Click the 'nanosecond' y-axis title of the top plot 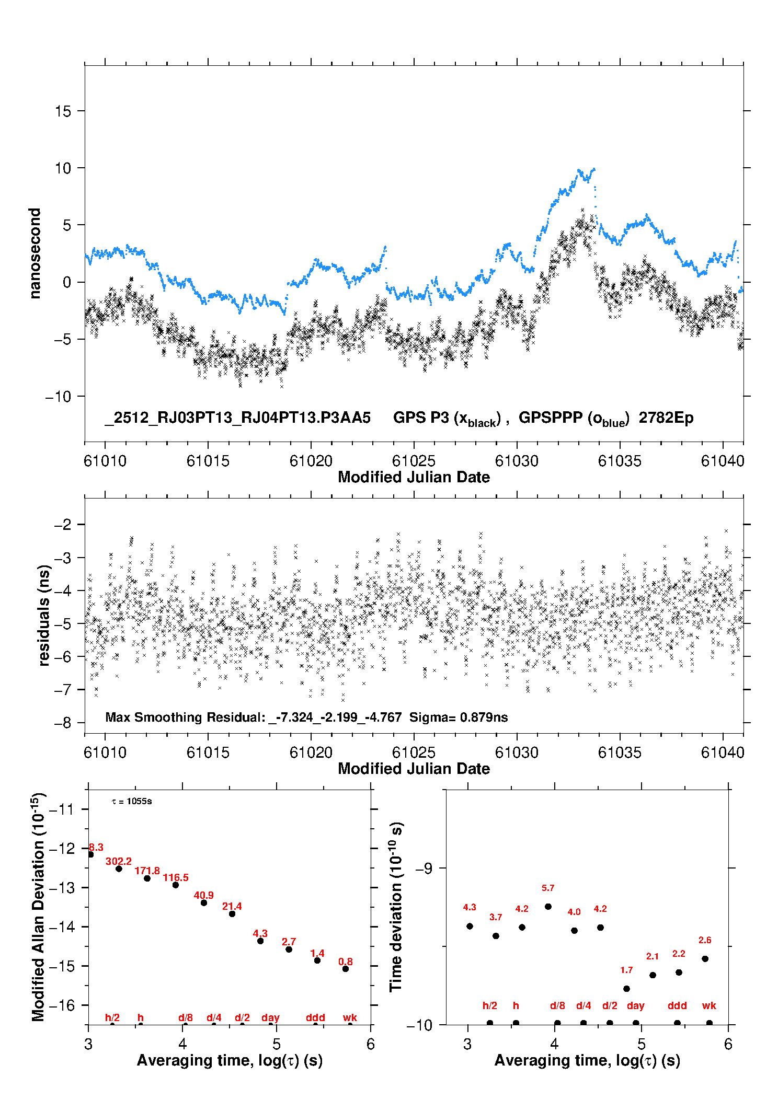point(35,253)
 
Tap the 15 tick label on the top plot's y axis point(63,111)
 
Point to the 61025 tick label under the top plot point(414,461)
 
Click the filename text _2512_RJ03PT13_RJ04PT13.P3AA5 point(238,418)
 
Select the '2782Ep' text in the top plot point(666,418)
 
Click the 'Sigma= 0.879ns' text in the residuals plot point(459,717)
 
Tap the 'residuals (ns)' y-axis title point(44,615)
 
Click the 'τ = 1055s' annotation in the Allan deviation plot point(132,801)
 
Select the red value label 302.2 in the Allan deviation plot point(119,861)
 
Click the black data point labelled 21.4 point(232,913)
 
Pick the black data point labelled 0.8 point(346,969)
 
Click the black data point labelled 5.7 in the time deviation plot point(548,906)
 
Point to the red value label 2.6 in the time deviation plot point(705,940)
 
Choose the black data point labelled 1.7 point(626,989)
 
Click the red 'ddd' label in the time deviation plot point(677,1005)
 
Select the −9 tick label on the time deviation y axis point(424,868)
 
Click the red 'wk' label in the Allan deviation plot point(350,1017)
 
